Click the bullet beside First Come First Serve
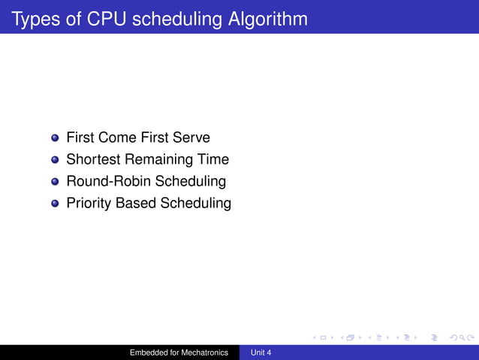[x=55, y=138]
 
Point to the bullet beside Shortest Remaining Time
[x=55, y=160]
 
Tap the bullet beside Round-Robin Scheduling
[x=55, y=182]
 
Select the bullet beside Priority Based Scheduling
[x=55, y=204]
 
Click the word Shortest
[x=93, y=160]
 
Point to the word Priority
[x=89, y=204]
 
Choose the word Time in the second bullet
[x=213, y=160]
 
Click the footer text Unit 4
[x=261, y=352]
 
